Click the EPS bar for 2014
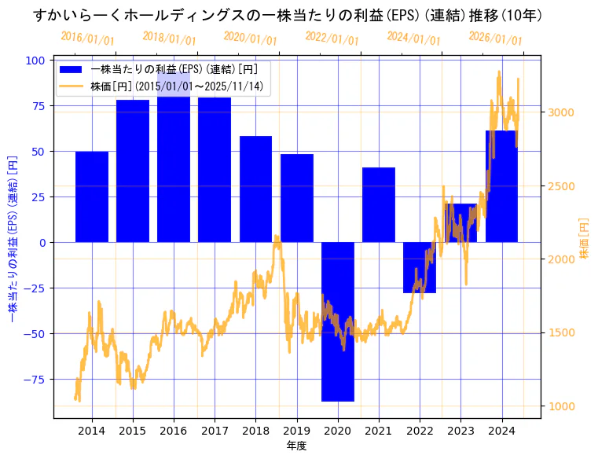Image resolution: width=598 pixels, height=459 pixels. (92, 196)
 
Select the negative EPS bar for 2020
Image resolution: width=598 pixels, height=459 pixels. (338, 321)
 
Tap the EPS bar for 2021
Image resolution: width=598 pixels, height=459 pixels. (379, 204)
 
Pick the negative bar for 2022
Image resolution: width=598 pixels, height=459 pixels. (420, 267)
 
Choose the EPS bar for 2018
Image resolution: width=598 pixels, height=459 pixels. (256, 189)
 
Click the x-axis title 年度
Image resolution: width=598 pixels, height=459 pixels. (296, 446)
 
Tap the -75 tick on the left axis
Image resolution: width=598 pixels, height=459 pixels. (35, 379)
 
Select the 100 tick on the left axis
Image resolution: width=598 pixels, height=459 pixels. (36, 60)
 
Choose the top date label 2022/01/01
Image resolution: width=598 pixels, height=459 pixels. (332, 39)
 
